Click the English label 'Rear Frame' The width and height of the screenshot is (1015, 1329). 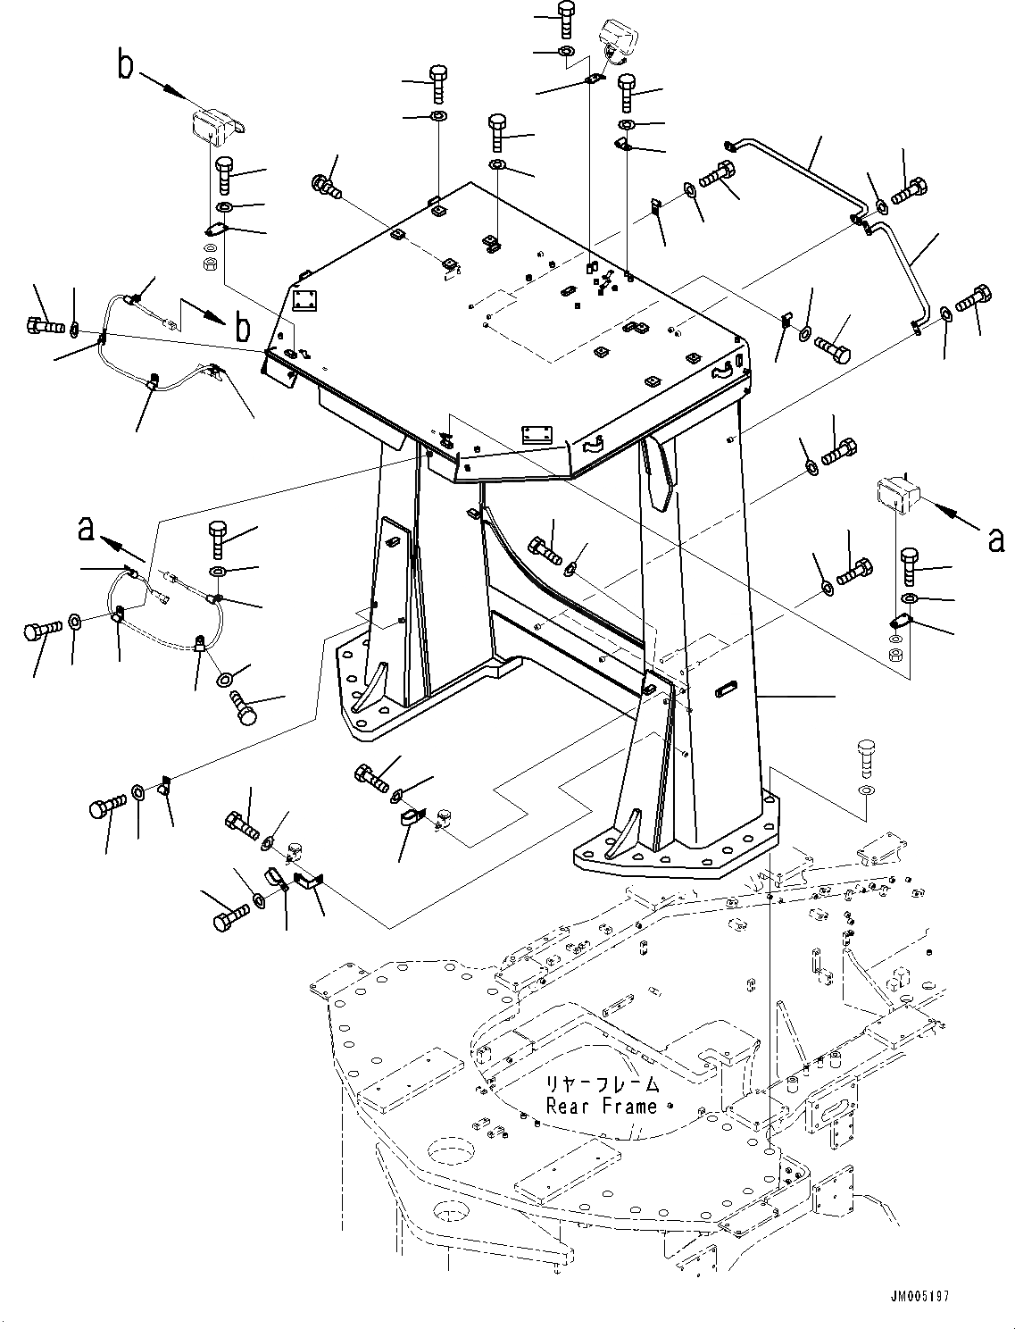pyautogui.click(x=603, y=1106)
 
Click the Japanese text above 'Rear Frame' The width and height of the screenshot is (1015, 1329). pyautogui.click(x=603, y=1084)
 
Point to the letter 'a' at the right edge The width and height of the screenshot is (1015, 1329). pyautogui.click(x=995, y=538)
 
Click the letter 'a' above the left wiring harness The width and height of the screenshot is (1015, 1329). pyautogui.click(x=86, y=529)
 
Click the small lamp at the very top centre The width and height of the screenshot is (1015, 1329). pyautogui.click(x=617, y=38)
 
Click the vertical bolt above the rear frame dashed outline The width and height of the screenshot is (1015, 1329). pyautogui.click(x=864, y=757)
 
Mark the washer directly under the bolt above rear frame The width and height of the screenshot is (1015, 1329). pyautogui.click(x=865, y=791)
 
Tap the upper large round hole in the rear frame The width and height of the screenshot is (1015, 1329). pyautogui.click(x=452, y=1149)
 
